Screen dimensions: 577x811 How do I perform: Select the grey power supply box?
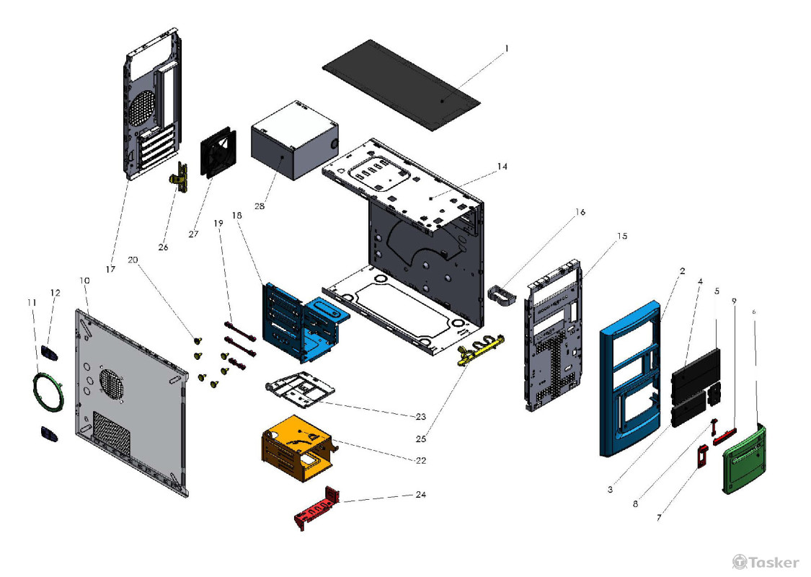292,141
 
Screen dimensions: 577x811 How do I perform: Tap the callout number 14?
502,167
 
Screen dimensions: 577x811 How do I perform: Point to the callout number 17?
110,269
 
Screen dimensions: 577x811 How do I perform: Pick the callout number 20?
132,259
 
